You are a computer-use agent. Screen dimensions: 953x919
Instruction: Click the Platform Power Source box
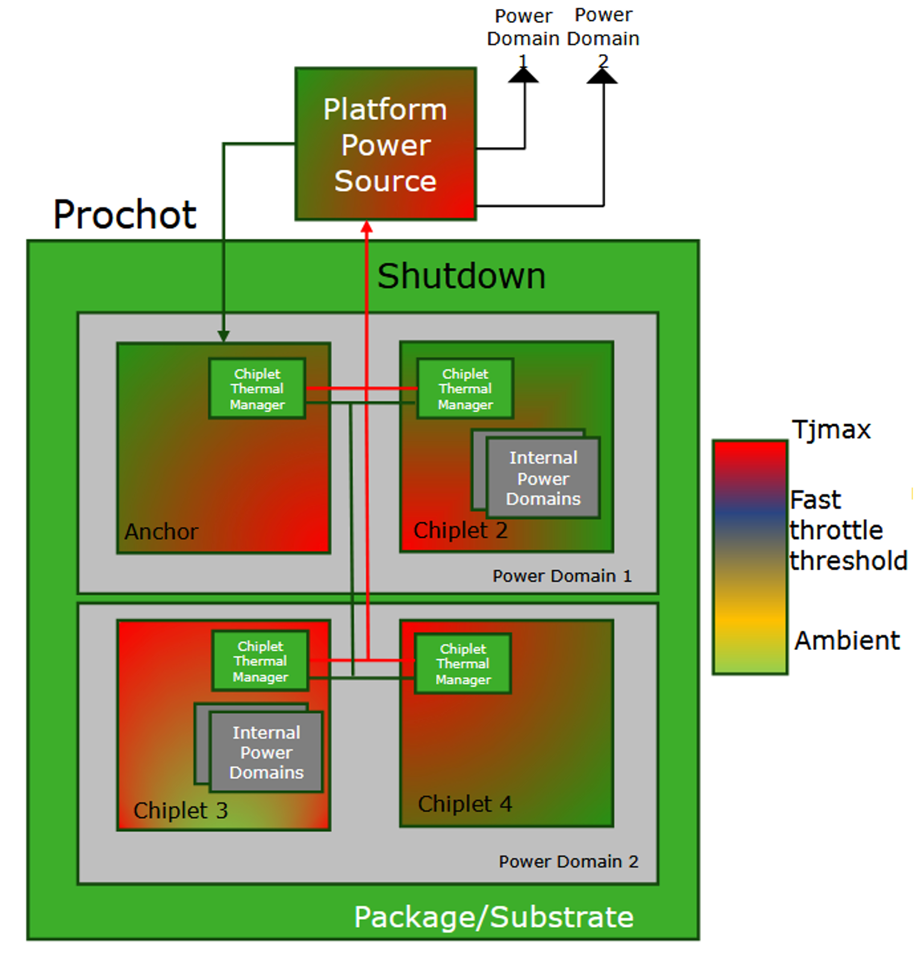[385, 144]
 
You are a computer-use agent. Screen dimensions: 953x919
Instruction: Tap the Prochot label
[125, 214]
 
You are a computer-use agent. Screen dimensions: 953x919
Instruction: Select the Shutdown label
[461, 276]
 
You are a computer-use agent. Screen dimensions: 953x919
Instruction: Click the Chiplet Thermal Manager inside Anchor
[257, 389]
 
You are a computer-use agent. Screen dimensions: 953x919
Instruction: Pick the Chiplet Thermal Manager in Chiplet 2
[465, 389]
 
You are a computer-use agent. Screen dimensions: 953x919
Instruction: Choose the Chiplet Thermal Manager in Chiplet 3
[260, 661]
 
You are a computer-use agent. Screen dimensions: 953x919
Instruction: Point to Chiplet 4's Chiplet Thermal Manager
[463, 664]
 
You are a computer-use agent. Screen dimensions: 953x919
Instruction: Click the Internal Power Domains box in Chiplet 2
[543, 478]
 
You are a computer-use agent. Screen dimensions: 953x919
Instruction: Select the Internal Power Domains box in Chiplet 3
[266, 752]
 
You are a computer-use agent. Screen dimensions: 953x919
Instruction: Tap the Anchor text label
[161, 531]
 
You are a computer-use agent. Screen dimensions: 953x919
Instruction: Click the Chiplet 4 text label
[465, 804]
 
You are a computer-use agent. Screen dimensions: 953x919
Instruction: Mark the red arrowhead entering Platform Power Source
[367, 227]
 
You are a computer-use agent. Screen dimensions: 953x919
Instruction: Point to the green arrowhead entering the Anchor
[223, 336]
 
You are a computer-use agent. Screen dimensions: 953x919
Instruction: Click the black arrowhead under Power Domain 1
[523, 75]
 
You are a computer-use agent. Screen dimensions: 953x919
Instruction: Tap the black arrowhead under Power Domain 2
[602, 76]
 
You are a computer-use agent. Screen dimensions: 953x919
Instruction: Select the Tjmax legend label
[831, 430]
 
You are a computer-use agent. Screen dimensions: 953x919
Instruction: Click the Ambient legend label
[847, 640]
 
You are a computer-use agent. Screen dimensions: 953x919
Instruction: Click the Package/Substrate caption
[494, 917]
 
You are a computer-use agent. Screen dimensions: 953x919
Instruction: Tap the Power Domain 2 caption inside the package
[569, 861]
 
